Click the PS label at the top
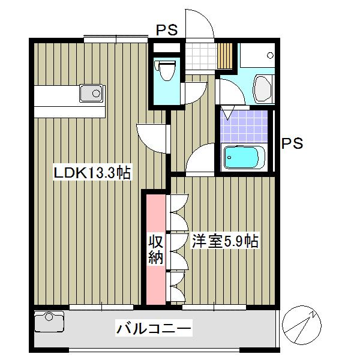[x=167, y=30]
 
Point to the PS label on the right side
[x=292, y=144]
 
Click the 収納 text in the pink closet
[x=155, y=250]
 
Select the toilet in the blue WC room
[x=166, y=71]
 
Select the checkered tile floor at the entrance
[x=200, y=55]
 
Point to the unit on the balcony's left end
[x=49, y=322]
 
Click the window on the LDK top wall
[x=115, y=39]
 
